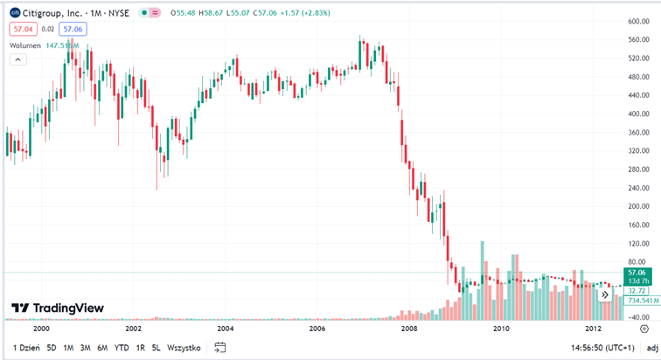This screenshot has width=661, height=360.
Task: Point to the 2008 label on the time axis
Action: (x=409, y=329)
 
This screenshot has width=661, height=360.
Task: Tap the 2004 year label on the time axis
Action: (x=226, y=329)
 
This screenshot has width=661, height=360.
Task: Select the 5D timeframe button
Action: (x=51, y=348)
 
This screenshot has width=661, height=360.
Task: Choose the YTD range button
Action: (x=122, y=348)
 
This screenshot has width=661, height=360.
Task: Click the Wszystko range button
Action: (x=184, y=348)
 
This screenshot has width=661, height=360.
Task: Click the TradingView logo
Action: (x=57, y=308)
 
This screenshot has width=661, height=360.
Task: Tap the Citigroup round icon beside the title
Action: (x=15, y=13)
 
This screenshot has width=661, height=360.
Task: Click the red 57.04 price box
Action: (x=21, y=29)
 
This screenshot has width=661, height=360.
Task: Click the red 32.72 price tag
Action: (x=637, y=291)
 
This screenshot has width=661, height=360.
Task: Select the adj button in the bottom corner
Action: (x=652, y=348)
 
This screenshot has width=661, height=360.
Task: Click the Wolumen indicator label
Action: (x=24, y=45)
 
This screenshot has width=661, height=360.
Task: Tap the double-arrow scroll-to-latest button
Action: (x=604, y=295)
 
